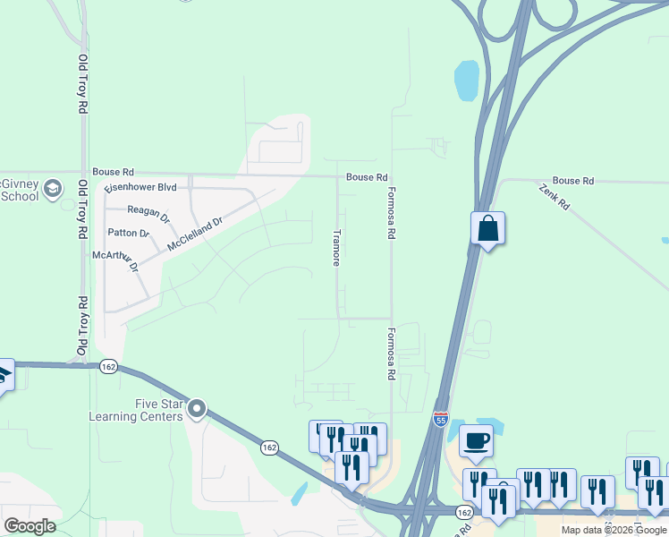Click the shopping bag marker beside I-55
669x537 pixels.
coord(488,228)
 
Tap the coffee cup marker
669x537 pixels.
coord(476,440)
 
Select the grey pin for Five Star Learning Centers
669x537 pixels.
coord(196,410)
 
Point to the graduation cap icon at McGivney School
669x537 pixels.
coord(53,188)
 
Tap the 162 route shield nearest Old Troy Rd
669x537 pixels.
coord(108,366)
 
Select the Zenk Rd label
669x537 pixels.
coord(555,197)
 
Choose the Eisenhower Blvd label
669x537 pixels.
coord(140,187)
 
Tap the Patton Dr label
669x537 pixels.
coord(129,233)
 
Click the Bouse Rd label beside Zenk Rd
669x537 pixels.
coord(573,181)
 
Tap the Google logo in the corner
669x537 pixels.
coord(30,526)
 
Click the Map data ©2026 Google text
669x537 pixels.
coord(614,530)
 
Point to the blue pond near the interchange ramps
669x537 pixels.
coord(466,81)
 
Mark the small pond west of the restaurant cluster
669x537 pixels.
coord(299,493)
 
